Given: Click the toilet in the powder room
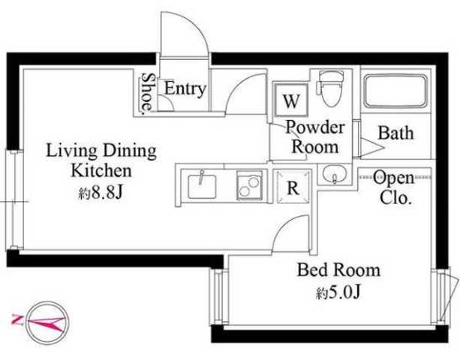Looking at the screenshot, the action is coord(332,89).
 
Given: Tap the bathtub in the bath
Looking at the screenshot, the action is coord(395,91).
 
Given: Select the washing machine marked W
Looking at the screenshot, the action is coord(291,100).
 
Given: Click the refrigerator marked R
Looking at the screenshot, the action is coord(293,187).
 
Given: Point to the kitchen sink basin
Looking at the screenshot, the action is coord(202,187).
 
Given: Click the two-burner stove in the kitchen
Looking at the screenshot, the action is coord(250,185).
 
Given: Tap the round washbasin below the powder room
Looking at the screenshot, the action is coord(335,173).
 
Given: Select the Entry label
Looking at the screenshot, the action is coord(185,88).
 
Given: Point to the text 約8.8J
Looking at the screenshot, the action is coord(100,193).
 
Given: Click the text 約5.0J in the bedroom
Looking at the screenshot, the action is coord(338,292).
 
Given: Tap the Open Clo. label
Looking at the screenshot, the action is coord(395,187).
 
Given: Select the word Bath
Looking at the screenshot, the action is coord(395,133).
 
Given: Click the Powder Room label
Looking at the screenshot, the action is coord(315,137).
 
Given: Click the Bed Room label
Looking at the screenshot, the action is coord(338,270).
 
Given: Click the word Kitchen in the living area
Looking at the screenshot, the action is coord(101,170).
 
